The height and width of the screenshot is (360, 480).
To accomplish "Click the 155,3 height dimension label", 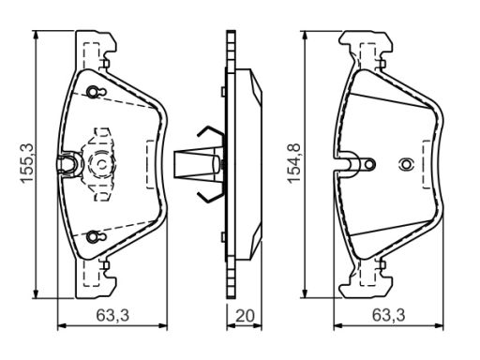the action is click(x=26, y=162).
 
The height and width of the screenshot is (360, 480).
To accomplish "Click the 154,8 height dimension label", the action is click(x=294, y=163).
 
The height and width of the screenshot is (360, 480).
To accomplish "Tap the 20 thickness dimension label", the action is click(x=245, y=316).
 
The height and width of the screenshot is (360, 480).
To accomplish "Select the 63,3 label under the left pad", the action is click(x=112, y=315).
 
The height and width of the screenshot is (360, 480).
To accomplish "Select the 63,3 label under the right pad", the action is click(x=388, y=315).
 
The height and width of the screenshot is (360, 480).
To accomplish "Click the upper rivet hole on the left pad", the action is click(x=93, y=92).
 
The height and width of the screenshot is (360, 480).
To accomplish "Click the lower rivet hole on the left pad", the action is click(x=93, y=236).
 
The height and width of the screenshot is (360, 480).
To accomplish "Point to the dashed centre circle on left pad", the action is click(x=102, y=164).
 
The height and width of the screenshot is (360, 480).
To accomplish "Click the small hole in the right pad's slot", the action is click(x=369, y=164).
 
